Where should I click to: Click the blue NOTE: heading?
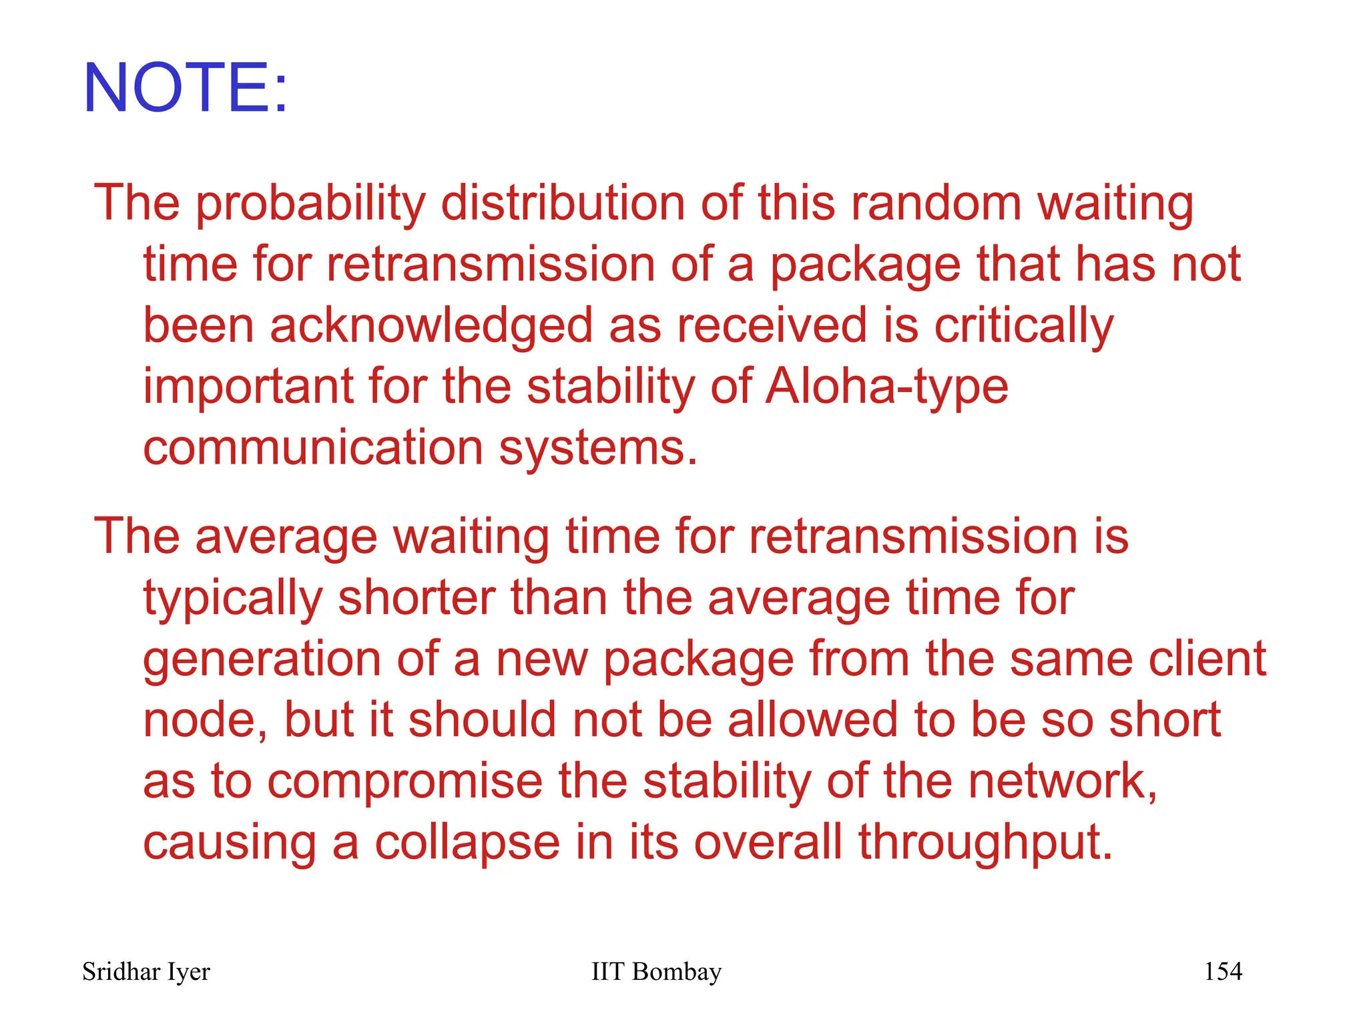point(186,88)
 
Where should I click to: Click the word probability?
point(310,204)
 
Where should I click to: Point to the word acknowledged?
point(431,326)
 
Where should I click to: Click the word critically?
point(1023,326)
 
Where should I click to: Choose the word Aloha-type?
point(886,387)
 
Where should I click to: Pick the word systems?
point(598,449)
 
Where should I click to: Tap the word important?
point(248,387)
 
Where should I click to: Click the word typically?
point(233,598)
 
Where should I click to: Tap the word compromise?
point(405,782)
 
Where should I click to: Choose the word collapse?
point(467,843)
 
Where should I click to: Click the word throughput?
point(985,843)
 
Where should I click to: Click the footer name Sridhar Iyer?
point(146,972)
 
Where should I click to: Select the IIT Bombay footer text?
point(656,972)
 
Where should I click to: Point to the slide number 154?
point(1223,971)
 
